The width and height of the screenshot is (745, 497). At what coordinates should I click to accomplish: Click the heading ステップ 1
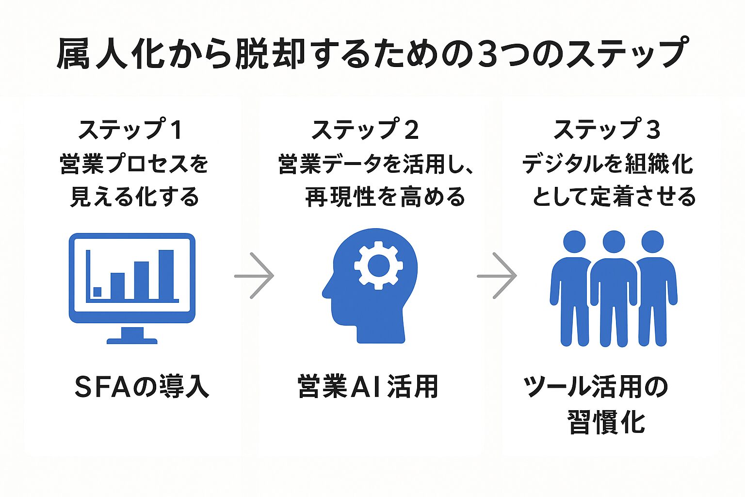pos(130,130)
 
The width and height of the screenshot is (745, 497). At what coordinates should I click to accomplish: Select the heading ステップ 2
pos(365,130)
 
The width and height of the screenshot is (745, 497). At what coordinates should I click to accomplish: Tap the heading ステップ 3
pos(607,130)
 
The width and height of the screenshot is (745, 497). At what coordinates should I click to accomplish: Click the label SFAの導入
pos(142,387)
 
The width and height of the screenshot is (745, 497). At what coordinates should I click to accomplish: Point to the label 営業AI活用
pos(368,387)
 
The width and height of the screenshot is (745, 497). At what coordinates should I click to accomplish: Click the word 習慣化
pos(606,422)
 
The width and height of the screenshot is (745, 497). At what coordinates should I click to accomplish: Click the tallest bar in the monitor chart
pos(166,274)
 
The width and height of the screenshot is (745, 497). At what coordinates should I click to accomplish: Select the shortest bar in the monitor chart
pos(97,292)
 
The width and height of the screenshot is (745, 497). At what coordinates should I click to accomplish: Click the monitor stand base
pos(132,340)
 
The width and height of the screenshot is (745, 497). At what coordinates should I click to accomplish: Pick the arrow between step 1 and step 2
pos(255,276)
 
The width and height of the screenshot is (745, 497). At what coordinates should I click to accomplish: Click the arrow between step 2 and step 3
pos(497,276)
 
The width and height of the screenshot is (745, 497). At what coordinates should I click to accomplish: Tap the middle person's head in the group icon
pos(614,241)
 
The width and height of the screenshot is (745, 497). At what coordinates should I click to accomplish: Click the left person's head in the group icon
pos(575,241)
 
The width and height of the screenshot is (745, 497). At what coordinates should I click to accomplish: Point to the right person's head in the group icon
pos(652,241)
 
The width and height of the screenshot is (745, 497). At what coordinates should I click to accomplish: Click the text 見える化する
pos(134,197)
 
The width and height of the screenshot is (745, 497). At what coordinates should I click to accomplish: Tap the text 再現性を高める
pos(385,197)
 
